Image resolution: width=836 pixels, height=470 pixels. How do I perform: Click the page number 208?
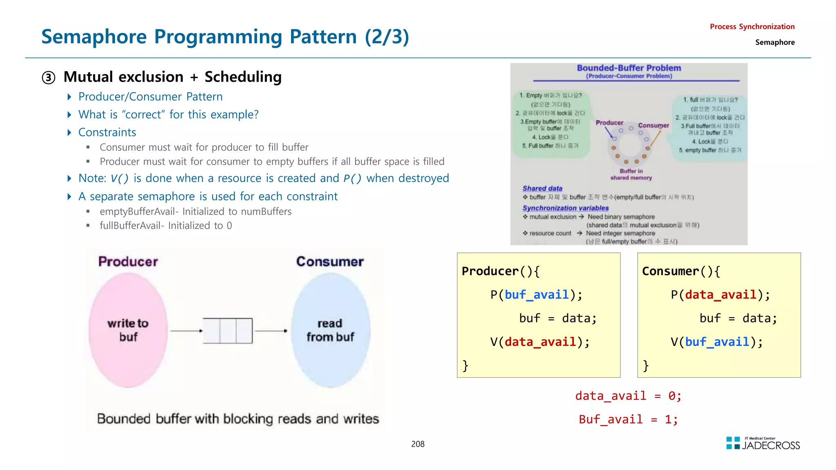tap(418, 444)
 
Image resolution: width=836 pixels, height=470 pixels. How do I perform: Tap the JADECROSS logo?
tap(763, 443)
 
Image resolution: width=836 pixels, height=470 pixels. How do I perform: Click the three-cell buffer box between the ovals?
tap(228, 330)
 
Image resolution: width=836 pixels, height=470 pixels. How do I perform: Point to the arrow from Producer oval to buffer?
tap(186, 330)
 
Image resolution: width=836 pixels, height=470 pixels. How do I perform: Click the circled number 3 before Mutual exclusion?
tap(49, 78)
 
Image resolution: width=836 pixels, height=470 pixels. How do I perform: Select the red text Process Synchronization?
tap(752, 27)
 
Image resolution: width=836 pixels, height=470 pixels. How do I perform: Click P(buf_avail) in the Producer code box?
tap(536, 295)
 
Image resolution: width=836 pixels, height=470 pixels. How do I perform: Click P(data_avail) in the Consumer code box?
tap(720, 295)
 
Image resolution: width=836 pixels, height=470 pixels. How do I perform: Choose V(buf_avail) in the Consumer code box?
tap(716, 342)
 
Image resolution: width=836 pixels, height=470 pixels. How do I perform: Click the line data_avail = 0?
tap(628, 396)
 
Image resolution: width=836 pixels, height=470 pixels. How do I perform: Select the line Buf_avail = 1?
tap(628, 419)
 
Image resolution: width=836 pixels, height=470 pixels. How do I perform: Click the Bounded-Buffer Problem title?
tap(629, 68)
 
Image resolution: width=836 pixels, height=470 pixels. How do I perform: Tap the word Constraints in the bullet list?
tap(107, 133)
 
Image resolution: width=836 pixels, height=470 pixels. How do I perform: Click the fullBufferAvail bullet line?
tap(165, 226)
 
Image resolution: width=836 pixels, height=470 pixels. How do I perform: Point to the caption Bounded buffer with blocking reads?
tap(238, 419)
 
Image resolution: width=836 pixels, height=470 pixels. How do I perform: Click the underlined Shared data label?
tap(542, 188)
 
